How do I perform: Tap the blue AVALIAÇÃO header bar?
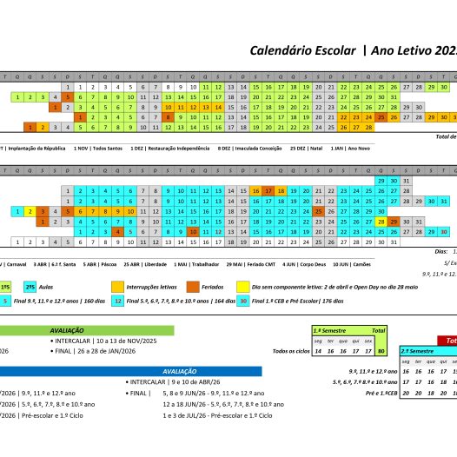point(182,371)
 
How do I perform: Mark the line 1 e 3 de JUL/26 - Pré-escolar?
point(216,416)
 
